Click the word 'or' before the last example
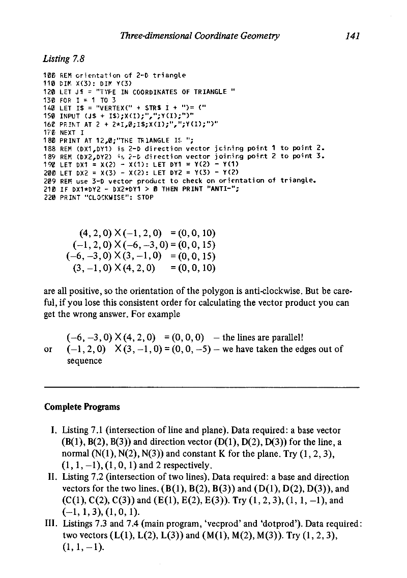point(49,349)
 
